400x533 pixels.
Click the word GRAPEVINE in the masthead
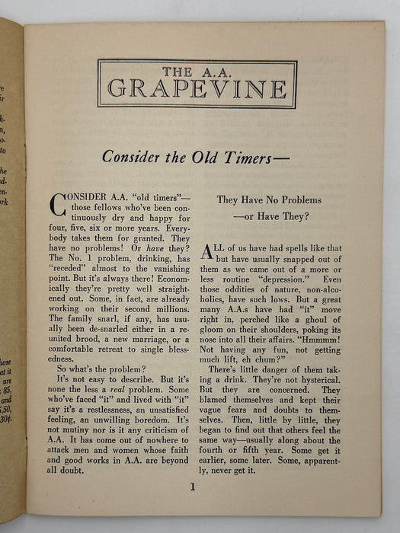pos(197,87)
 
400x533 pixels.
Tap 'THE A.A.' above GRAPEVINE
pos(197,69)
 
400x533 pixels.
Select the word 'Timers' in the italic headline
pos(255,157)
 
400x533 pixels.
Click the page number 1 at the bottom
pos(194,487)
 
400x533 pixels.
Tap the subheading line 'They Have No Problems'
pos(268,200)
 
